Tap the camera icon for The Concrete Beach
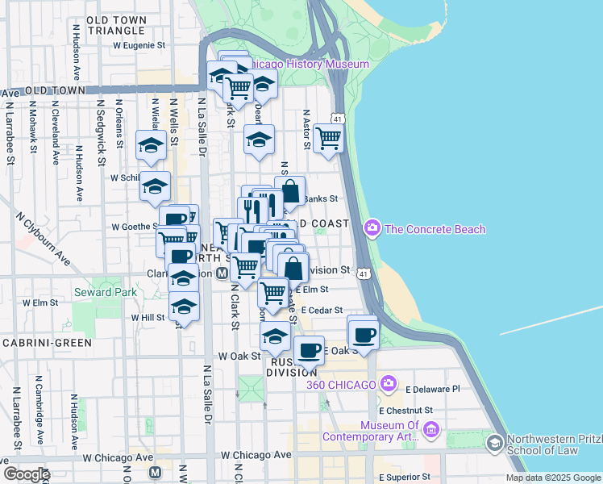coord(372,229)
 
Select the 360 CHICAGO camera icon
coord(389,383)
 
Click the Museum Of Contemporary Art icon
coord(431,432)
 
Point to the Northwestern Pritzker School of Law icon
coord(494,442)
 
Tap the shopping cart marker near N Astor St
coord(329,138)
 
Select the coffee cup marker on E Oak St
coord(364,333)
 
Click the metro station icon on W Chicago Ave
coord(156,472)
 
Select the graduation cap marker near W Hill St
coord(185,307)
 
